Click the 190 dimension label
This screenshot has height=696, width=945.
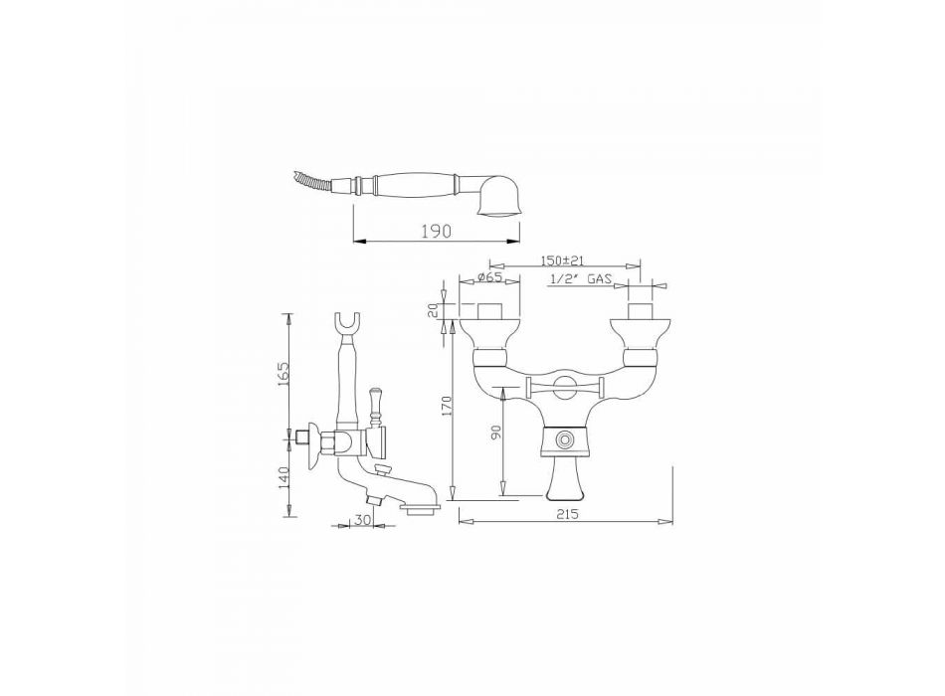click(437, 231)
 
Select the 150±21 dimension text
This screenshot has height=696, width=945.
click(563, 261)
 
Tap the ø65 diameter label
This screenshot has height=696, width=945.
click(489, 277)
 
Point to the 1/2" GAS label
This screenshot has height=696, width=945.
click(581, 279)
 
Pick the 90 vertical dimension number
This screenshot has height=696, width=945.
click(496, 433)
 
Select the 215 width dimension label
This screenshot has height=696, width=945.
click(567, 514)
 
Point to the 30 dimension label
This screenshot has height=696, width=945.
click(362, 520)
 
